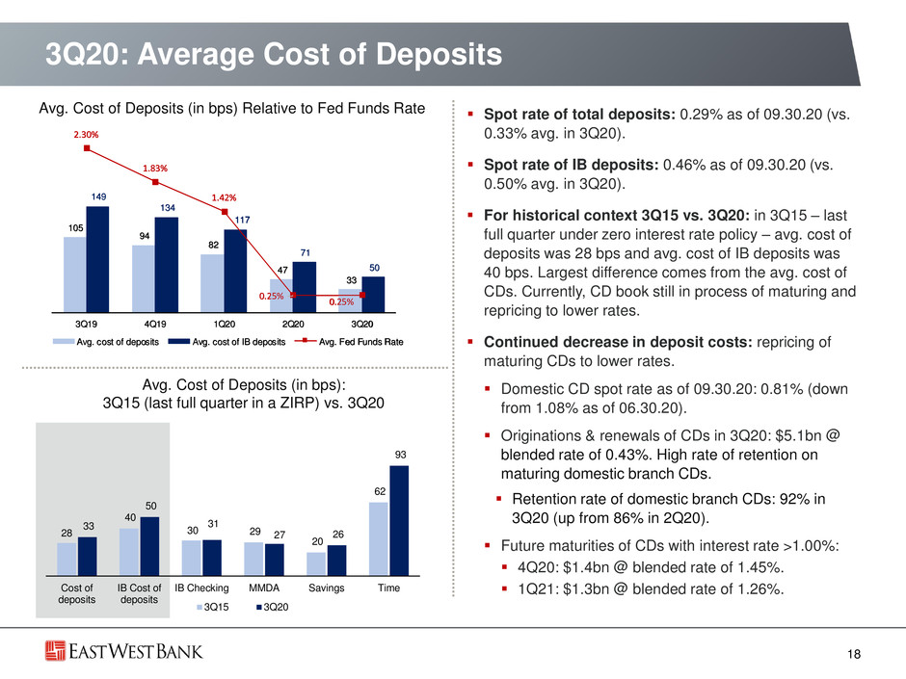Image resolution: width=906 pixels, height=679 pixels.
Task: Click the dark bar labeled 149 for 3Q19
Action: coord(97,259)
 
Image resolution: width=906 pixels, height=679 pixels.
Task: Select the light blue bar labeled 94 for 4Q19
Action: coord(144,279)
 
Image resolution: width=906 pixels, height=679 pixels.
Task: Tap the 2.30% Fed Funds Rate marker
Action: coord(87,148)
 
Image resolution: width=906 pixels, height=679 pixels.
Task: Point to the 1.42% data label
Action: coord(224,197)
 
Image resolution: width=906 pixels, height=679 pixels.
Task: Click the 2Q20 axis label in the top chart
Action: coord(293,325)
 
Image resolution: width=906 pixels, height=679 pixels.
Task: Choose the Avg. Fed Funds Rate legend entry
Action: coord(349,342)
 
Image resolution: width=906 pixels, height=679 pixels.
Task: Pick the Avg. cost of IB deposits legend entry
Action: coord(227,342)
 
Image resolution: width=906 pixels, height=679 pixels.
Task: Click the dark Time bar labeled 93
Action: coord(399,521)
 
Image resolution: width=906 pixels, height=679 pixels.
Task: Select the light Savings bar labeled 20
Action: coord(316,564)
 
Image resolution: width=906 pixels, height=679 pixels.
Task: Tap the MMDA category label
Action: coord(264,588)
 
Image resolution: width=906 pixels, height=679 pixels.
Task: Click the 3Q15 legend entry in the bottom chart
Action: coord(213,608)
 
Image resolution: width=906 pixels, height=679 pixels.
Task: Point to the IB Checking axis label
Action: coord(201,588)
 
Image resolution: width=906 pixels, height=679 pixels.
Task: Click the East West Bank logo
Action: coord(124,651)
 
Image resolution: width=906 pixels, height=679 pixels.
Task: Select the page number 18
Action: coord(854,654)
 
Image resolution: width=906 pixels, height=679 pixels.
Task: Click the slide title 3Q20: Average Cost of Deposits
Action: coord(274,54)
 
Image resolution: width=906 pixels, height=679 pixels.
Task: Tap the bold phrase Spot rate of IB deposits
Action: coord(571,165)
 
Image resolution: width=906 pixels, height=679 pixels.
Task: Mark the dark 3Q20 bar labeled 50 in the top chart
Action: coord(373,295)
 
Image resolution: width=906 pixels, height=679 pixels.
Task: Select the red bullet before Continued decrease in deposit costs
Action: coord(471,342)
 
